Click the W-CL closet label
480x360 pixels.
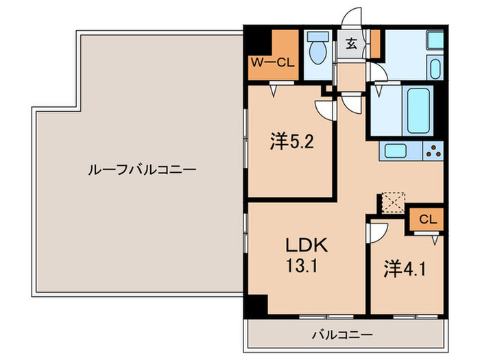click(272, 62)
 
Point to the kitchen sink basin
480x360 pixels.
click(395, 152)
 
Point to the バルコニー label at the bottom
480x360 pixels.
click(342, 335)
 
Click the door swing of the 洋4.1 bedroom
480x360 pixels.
click(376, 233)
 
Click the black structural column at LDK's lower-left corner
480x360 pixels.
click(256, 306)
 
